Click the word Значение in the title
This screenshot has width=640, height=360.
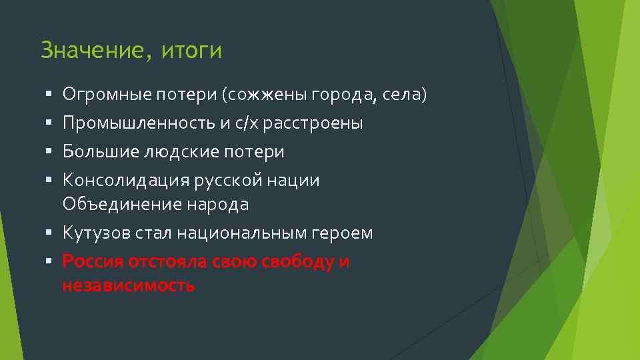(x=91, y=51)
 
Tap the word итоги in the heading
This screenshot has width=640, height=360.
(x=191, y=51)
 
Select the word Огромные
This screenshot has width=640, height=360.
(x=107, y=95)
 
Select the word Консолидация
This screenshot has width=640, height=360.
(x=126, y=181)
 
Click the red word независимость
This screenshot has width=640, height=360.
(x=129, y=285)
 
